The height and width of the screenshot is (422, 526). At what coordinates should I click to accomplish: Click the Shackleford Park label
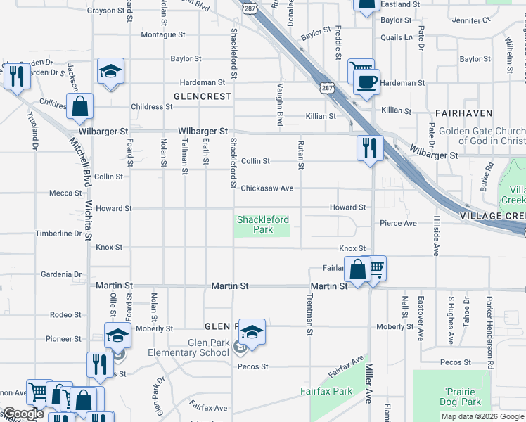pos(263,224)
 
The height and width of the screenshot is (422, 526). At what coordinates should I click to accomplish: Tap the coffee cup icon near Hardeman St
pos(366,82)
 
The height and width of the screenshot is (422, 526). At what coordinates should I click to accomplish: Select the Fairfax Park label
pos(326,391)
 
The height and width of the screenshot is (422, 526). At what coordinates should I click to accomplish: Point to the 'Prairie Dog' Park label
pos(462,397)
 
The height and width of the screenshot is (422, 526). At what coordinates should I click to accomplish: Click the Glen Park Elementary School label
pos(188,347)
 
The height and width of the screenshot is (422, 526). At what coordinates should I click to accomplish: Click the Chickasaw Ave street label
pos(267,188)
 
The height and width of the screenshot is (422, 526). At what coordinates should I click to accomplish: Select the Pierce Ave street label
pos(398,223)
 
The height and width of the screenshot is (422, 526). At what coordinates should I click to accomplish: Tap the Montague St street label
pos(162,34)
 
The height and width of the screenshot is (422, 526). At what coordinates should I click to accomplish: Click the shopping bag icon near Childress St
pos(80,107)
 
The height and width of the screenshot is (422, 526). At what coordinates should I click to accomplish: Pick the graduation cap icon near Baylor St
pos(110,71)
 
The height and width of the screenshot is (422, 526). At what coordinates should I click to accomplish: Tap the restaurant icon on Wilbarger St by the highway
pos(369,148)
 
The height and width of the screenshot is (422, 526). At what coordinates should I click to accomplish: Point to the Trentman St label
pos(308,312)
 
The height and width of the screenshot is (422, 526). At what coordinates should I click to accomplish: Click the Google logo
pos(23,414)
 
